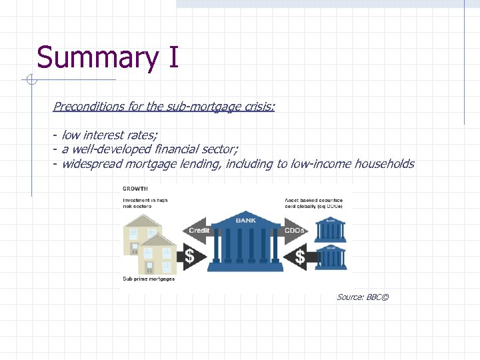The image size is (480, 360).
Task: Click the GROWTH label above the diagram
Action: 135,189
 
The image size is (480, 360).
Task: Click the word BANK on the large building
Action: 246,220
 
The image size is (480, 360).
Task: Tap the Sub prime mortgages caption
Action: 149,279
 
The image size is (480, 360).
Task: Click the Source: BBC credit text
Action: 362,297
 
